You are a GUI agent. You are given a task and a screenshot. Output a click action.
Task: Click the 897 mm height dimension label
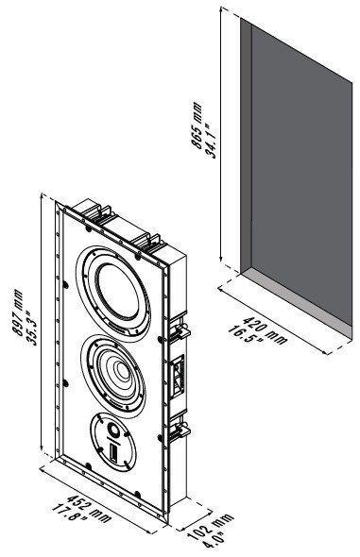[x=18, y=312]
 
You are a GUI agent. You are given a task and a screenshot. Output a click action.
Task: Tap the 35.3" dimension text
[x=31, y=329]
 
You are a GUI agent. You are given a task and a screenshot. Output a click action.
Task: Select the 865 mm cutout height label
[x=197, y=125]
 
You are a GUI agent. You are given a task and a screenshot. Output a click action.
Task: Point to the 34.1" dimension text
[x=211, y=141]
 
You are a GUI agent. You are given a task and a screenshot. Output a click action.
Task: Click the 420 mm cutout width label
[x=265, y=331]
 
